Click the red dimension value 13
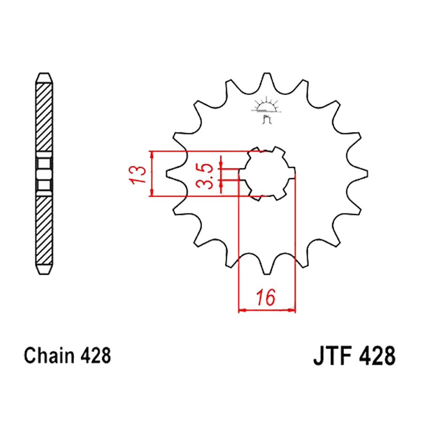(138, 175)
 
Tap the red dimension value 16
(266, 298)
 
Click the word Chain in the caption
(49, 356)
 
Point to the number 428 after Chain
(95, 356)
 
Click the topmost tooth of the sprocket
(267, 78)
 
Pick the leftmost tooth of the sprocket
(173, 173)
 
